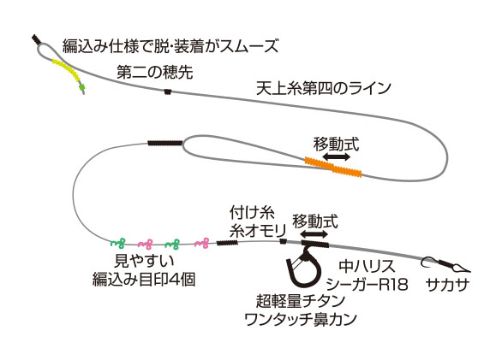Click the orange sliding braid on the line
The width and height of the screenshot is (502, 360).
(x=333, y=167)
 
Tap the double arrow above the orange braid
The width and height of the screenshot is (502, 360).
(x=336, y=156)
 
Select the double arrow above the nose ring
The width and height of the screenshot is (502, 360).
(x=314, y=234)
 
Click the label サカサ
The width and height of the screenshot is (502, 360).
(x=447, y=284)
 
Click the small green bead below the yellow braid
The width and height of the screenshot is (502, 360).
(x=82, y=86)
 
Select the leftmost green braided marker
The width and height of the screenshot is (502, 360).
(x=118, y=244)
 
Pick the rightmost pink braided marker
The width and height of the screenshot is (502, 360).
(x=202, y=244)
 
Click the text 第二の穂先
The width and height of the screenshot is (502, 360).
(x=155, y=72)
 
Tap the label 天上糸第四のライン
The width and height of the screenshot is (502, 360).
(x=324, y=88)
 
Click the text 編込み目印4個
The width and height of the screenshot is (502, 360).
(x=144, y=280)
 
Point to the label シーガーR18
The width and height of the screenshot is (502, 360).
(x=368, y=284)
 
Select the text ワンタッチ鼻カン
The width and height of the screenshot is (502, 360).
(x=301, y=319)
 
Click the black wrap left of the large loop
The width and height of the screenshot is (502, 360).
(x=165, y=143)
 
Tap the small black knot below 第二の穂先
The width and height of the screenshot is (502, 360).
(x=167, y=91)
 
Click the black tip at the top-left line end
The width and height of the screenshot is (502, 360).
(x=35, y=40)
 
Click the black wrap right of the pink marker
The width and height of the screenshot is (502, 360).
(x=227, y=243)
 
